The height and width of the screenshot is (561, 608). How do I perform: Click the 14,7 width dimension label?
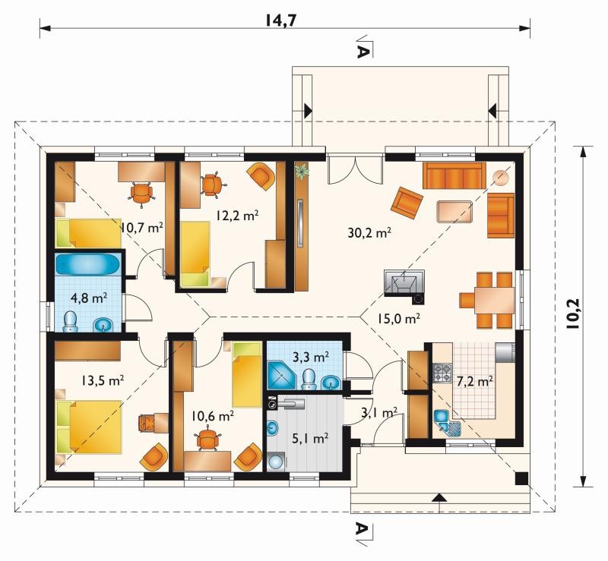click(x=280, y=20)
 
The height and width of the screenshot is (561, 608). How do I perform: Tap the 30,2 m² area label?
click(x=369, y=233)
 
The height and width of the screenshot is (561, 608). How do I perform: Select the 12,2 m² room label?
click(x=237, y=216)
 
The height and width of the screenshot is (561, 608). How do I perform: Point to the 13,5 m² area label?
click(x=103, y=380)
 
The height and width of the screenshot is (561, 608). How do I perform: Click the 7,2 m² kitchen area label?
click(x=474, y=381)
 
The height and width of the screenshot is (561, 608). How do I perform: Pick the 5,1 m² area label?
click(x=311, y=438)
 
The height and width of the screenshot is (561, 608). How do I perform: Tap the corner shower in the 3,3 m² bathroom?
click(x=282, y=375)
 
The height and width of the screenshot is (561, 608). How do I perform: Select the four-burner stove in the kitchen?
click(x=442, y=373)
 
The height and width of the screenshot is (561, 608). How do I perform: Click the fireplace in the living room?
click(x=404, y=284)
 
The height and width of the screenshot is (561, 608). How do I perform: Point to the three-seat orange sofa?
click(x=454, y=175)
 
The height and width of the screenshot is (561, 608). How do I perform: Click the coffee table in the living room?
click(x=454, y=212)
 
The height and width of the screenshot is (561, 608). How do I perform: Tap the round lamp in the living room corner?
click(x=501, y=178)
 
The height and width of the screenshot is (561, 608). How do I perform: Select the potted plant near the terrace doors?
click(x=302, y=171)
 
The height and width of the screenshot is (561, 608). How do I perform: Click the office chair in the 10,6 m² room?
click(x=208, y=440)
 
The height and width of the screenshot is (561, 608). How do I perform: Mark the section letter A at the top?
click(x=361, y=52)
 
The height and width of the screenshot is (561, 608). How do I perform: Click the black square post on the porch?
click(x=521, y=479)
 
